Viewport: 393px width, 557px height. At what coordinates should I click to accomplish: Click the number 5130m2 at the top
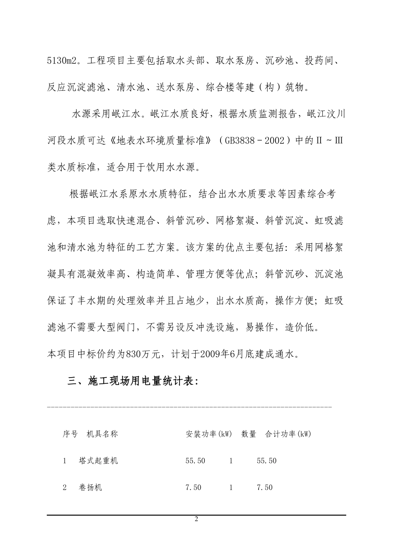[x=62, y=61]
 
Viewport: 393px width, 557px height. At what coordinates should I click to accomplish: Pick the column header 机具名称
[x=103, y=434]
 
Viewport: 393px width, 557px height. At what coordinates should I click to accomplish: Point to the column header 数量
[x=249, y=434]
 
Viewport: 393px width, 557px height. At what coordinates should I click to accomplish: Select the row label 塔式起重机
[x=98, y=460]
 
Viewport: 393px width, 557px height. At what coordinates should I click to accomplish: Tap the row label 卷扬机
[x=91, y=487]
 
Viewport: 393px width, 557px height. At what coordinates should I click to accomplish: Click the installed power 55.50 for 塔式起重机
[x=195, y=460]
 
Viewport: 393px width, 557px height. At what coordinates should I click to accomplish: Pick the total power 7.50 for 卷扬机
[x=265, y=487]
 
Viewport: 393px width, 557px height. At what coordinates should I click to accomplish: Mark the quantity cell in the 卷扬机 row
[x=231, y=487]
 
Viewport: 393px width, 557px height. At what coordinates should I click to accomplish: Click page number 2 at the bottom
[x=196, y=519]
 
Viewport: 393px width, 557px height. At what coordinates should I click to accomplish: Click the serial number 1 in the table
[x=65, y=460]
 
